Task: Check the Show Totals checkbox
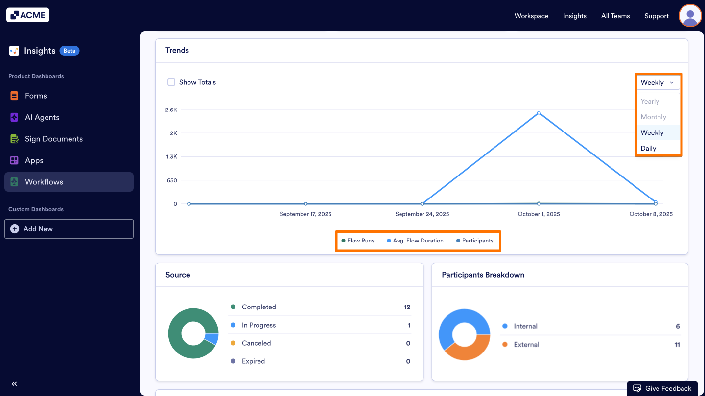coord(171,82)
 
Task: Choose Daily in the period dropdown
coord(648,148)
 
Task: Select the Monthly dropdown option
coord(653,117)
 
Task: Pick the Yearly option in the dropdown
coord(650,101)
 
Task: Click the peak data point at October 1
coord(539,113)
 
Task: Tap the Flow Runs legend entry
coord(358,241)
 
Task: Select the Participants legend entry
coord(474,241)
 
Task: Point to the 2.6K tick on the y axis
coord(171,110)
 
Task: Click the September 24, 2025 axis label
coord(422,214)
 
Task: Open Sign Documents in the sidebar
coord(53,139)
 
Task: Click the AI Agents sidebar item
coord(42,117)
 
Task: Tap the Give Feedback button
coord(662,388)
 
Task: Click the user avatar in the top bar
coord(690,16)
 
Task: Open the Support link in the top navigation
coord(656,16)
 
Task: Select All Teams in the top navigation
coord(615,16)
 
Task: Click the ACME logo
coord(28,15)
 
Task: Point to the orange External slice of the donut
coord(468,350)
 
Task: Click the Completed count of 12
coord(407,307)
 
